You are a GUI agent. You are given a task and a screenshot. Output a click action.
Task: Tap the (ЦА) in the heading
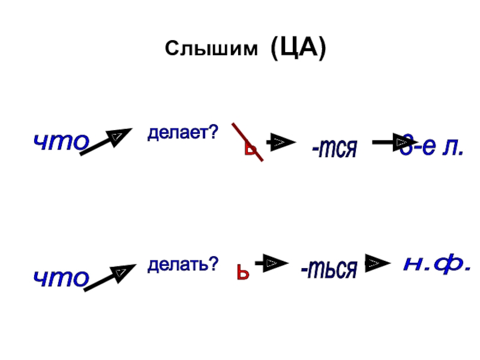coord(298,47)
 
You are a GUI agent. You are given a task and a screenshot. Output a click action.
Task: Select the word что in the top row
coord(61,142)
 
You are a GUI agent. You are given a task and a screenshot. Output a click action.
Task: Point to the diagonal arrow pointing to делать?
coord(110,277)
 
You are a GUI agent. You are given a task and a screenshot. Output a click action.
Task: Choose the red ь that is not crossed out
coord(241,273)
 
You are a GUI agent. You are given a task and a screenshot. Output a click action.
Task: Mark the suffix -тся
coord(334,147)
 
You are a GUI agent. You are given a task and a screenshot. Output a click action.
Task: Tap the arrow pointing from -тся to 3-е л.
coord(391,142)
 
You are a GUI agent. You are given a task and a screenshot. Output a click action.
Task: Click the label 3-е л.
coord(433,146)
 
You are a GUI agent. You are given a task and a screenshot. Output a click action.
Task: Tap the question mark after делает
coord(212,131)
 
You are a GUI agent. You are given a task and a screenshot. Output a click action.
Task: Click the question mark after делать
coord(213,264)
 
